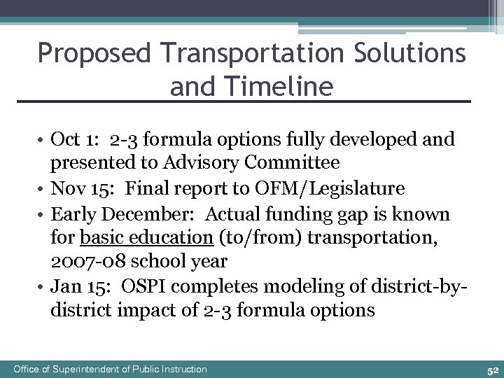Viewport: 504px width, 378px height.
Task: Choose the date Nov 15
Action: tap(76, 189)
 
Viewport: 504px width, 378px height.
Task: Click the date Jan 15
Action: tap(74, 287)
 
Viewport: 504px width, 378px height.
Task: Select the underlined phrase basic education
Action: tap(146, 238)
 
